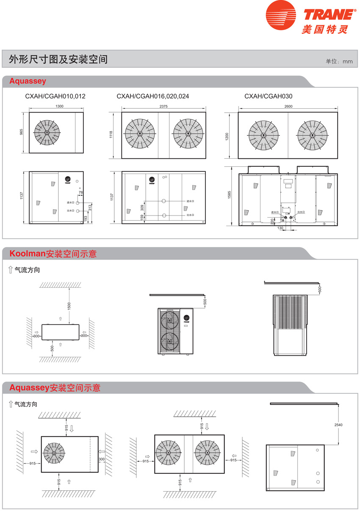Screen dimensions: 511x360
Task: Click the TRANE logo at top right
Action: [x=310, y=19]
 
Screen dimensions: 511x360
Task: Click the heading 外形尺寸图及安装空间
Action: [x=58, y=59]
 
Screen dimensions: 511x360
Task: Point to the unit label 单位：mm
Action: [x=339, y=61]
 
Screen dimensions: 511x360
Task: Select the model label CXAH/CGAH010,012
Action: [x=55, y=97]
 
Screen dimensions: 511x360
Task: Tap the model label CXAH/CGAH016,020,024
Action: [x=153, y=97]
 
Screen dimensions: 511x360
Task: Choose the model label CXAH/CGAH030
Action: [x=268, y=97]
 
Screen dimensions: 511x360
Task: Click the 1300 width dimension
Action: [x=59, y=106]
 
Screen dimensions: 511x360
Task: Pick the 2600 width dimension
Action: [x=288, y=106]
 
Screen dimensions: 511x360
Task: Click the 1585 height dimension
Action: [x=228, y=195]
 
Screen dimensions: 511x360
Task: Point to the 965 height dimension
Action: [x=21, y=132]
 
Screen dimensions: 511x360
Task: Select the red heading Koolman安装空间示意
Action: [x=53, y=254]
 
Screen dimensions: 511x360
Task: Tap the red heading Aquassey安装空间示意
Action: [x=55, y=387]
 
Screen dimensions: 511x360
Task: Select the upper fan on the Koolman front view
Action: [x=169, y=321]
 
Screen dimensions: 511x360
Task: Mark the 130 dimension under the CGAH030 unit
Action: [x=280, y=228]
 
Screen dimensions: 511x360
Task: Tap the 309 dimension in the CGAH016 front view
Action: [x=142, y=207]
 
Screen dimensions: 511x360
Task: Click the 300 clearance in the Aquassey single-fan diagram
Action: [x=102, y=459]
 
